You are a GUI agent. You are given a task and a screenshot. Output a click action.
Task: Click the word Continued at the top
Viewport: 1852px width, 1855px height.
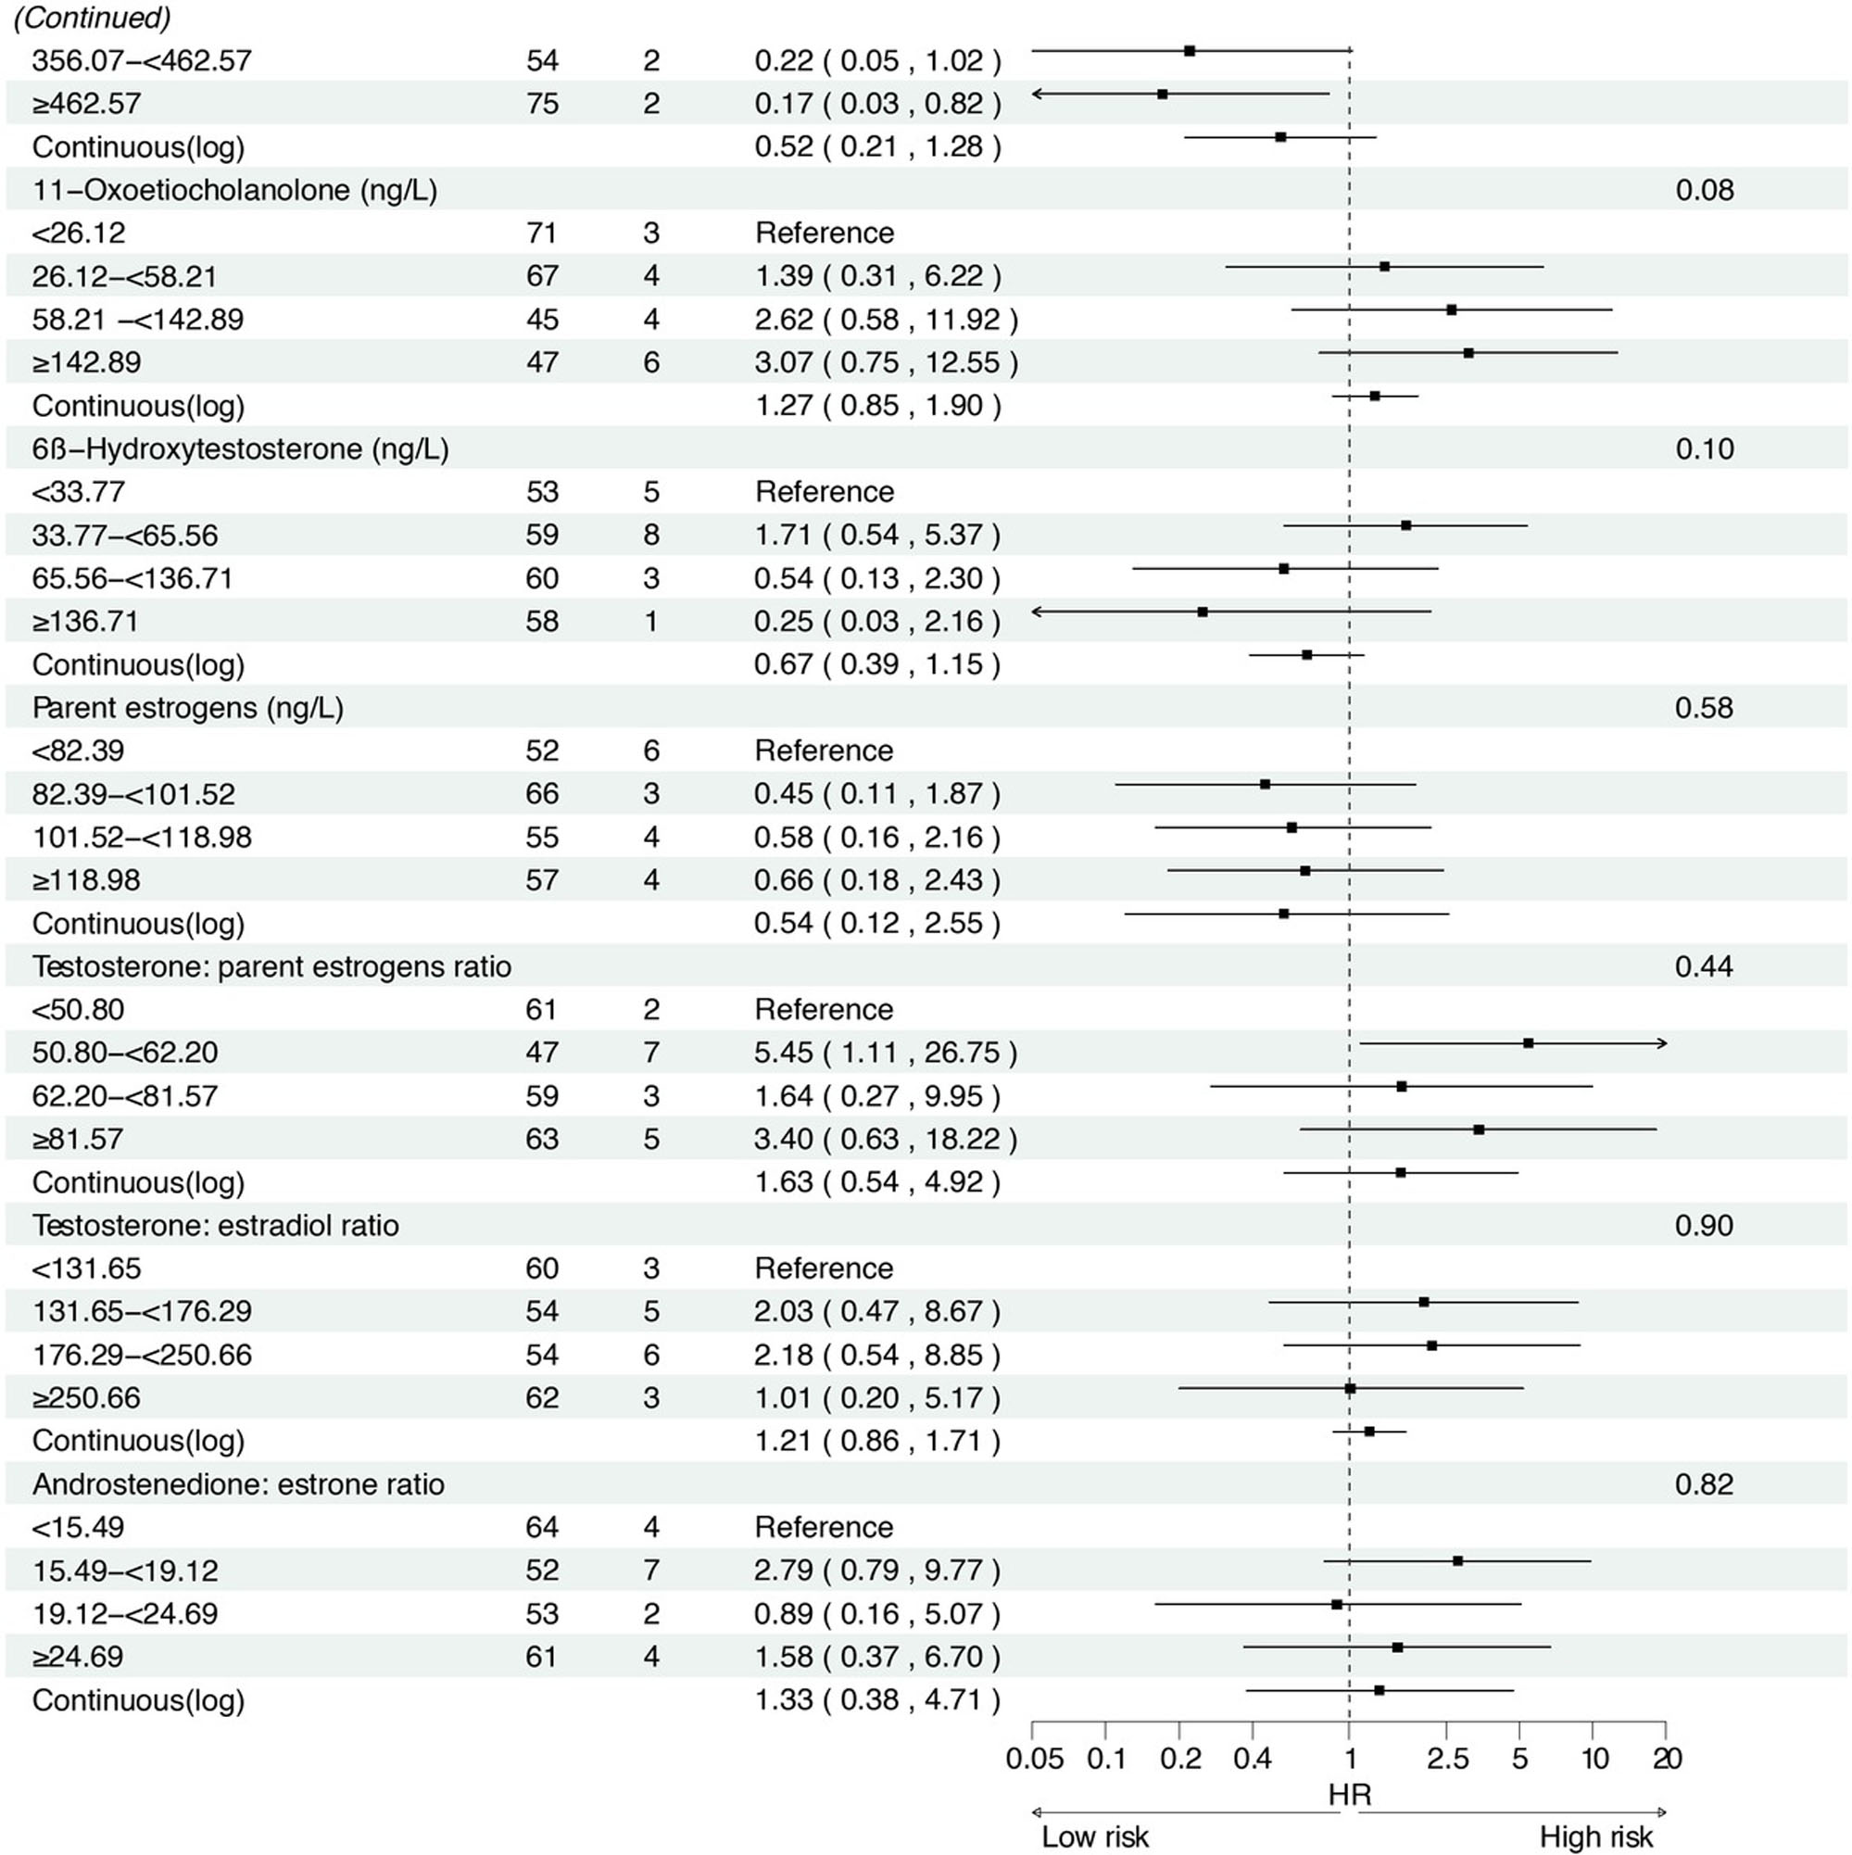pos(92,19)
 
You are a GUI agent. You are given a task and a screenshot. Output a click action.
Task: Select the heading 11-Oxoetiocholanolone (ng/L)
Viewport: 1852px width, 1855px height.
pos(234,190)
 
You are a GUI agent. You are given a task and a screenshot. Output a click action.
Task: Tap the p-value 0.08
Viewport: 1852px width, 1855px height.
pos(1704,190)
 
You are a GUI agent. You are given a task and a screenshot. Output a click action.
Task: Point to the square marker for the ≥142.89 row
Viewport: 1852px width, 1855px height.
pos(1468,353)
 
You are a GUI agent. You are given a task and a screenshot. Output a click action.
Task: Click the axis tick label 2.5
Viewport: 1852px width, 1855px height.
pos(1447,1759)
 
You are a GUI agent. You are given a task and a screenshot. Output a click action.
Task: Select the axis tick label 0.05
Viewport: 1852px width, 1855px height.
pos(1034,1759)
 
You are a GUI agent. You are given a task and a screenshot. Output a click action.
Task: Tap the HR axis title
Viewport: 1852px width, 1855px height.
pos(1349,1795)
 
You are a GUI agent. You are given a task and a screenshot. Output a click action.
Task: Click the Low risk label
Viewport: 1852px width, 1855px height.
pos(1094,1836)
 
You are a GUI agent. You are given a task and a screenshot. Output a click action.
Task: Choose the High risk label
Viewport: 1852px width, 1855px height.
pos(1595,1836)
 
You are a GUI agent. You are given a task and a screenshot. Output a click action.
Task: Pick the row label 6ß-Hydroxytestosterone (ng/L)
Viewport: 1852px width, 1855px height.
pos(240,449)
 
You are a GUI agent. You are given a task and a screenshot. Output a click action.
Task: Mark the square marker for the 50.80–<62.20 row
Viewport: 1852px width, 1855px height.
pos(1528,1042)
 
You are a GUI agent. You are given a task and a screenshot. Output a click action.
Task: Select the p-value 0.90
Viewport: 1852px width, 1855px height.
pos(1703,1226)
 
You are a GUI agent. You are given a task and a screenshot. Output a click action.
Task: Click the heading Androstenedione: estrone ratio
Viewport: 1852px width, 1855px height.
pos(238,1484)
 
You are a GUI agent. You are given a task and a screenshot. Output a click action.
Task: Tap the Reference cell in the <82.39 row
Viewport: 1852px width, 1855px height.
pos(824,751)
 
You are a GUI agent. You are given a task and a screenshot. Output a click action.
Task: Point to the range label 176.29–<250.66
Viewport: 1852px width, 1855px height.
pos(142,1355)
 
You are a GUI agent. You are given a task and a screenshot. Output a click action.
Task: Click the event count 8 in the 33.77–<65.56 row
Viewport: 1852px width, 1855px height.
pos(651,535)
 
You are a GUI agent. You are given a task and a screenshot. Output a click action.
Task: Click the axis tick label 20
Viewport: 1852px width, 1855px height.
pos(1667,1759)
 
